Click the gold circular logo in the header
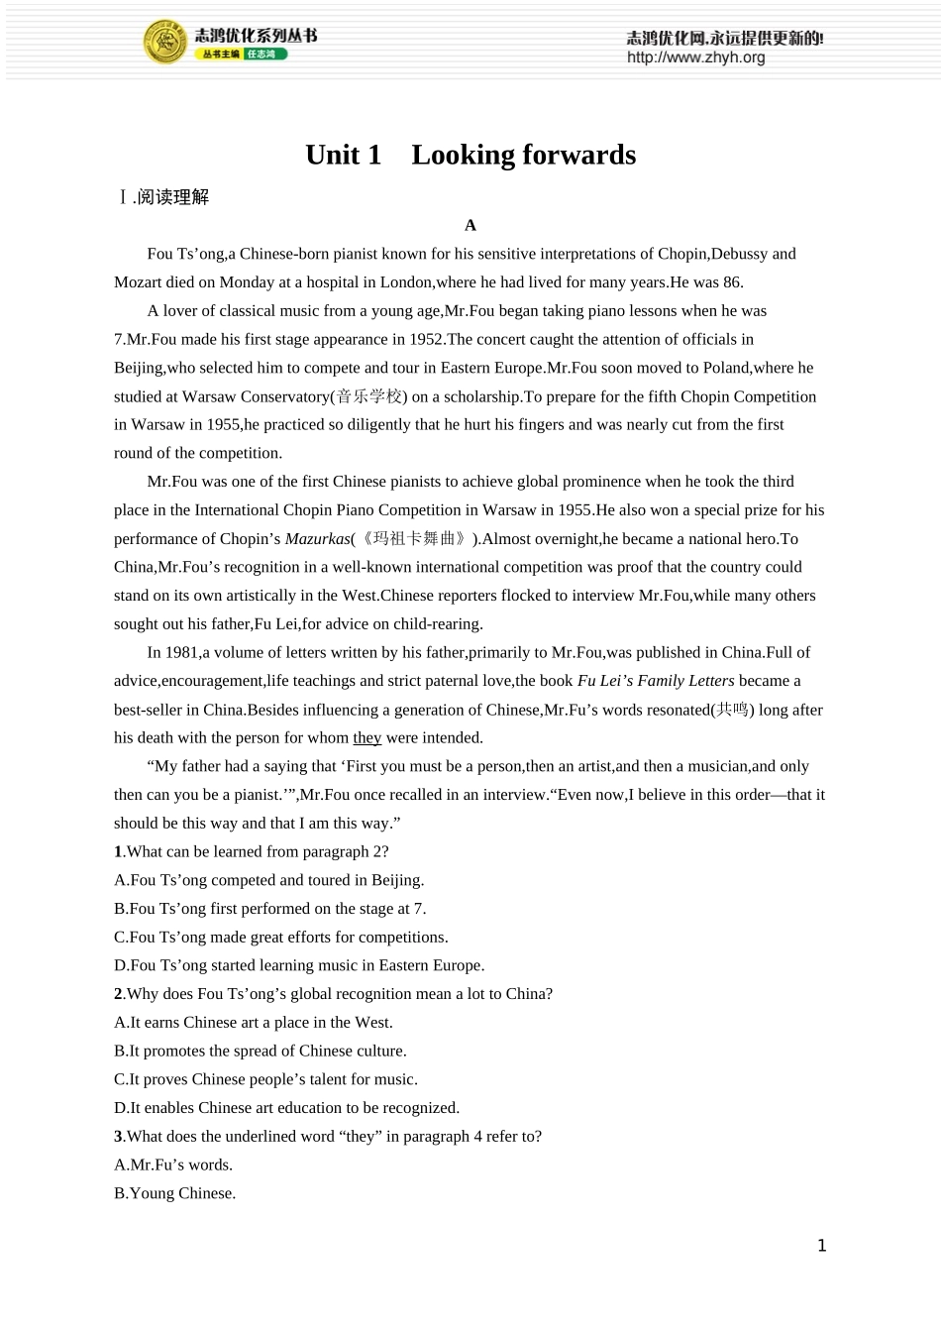[164, 42]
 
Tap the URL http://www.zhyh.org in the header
[695, 58]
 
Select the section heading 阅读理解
[173, 197]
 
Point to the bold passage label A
[470, 225]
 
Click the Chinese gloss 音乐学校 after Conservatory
[369, 396]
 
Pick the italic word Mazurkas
[317, 539]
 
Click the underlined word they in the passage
[366, 738]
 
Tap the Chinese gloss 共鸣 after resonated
[733, 710]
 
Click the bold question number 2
[118, 994]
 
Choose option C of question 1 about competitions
[280, 938]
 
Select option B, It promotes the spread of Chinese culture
[260, 1052]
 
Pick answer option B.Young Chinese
[174, 1194]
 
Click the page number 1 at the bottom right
[821, 1246]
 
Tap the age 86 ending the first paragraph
[732, 282]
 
